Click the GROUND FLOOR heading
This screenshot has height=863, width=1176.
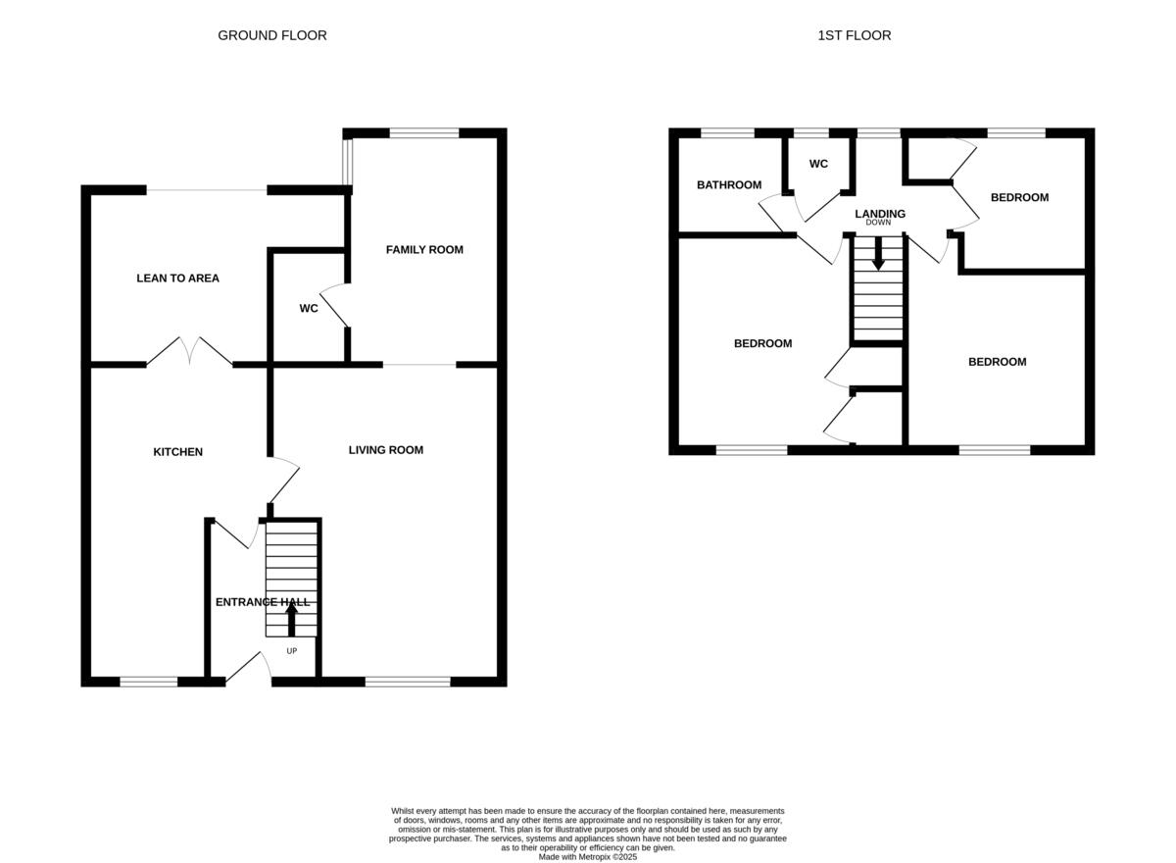pyautogui.click(x=271, y=35)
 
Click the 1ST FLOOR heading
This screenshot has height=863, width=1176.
pyautogui.click(x=854, y=35)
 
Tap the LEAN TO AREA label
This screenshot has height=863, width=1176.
pyautogui.click(x=177, y=279)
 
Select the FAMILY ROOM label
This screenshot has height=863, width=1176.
pyautogui.click(x=423, y=250)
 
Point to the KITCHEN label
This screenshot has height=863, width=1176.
pyautogui.click(x=177, y=452)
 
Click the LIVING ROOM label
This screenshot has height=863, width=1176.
pyautogui.click(x=386, y=450)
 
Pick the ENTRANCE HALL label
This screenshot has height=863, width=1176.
pyautogui.click(x=262, y=602)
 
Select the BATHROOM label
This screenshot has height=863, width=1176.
pyautogui.click(x=728, y=185)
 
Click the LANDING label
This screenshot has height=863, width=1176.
pyautogui.click(x=879, y=214)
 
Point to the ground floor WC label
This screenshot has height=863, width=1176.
pyautogui.click(x=308, y=309)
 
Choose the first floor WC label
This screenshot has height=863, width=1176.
pyautogui.click(x=818, y=164)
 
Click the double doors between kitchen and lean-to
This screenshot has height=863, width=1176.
pyautogui.click(x=190, y=352)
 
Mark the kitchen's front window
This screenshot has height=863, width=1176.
pyautogui.click(x=149, y=682)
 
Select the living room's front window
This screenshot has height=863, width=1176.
pyautogui.click(x=407, y=682)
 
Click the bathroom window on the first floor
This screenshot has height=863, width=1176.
pyautogui.click(x=727, y=132)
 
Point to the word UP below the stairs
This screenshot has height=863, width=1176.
pyautogui.click(x=291, y=651)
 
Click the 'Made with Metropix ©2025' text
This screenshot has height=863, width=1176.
pyautogui.click(x=588, y=856)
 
